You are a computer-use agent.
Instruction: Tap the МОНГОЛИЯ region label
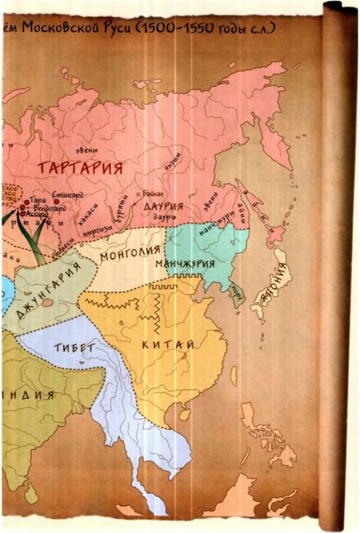coord(130,253)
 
